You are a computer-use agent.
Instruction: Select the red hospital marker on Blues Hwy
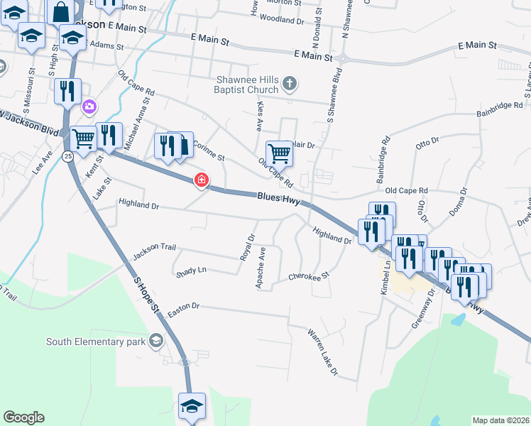(x=202, y=180)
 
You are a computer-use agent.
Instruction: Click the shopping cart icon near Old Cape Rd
(x=279, y=152)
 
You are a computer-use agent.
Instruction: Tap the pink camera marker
(x=89, y=107)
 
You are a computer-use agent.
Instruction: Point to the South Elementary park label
(x=96, y=342)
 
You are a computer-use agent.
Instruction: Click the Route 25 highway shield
(x=65, y=156)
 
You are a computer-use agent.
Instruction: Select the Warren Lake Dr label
(x=323, y=351)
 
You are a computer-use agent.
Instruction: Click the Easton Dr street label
(x=187, y=305)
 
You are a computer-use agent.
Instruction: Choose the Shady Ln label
(x=191, y=271)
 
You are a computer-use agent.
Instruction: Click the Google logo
(x=23, y=417)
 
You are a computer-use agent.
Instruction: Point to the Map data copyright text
(x=500, y=420)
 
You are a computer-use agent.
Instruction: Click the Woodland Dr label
(x=282, y=19)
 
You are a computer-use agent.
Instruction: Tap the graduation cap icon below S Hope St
(x=192, y=406)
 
